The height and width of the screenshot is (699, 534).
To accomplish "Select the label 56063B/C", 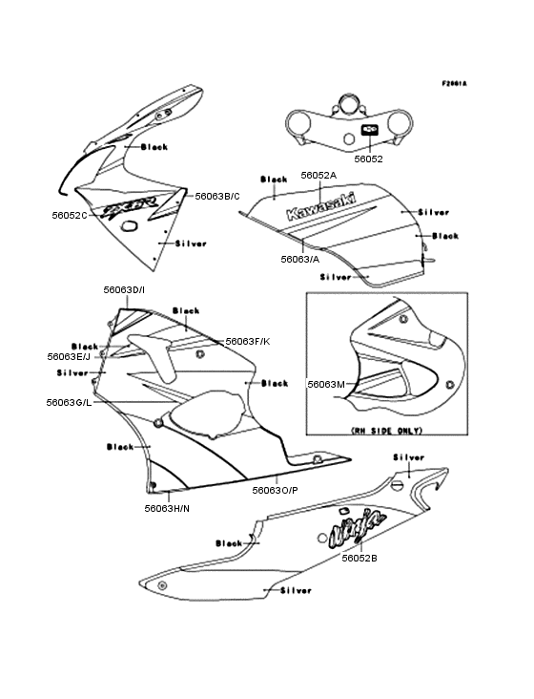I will tap(217, 196).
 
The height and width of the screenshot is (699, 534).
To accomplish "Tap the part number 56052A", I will tap(318, 176).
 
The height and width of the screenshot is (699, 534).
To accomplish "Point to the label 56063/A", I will tap(300, 259).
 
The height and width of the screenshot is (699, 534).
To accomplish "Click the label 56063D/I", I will tap(125, 288).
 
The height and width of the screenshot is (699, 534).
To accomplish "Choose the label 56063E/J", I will tap(70, 356).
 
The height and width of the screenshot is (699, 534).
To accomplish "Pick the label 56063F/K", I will tap(247, 341).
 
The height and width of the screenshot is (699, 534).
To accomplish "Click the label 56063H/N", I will tap(167, 508).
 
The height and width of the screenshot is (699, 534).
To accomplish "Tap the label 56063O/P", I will tap(275, 490).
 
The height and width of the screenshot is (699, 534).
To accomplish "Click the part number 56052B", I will tap(359, 557).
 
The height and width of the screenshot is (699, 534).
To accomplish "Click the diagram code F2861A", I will tap(454, 84).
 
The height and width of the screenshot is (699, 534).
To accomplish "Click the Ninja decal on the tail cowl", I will tap(358, 524).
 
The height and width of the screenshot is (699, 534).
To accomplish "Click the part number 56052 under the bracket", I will tap(369, 159).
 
